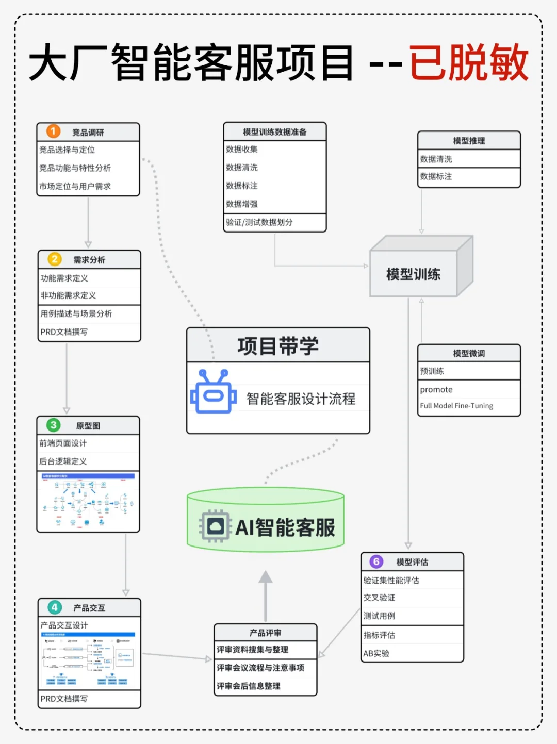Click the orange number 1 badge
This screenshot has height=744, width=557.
(x=53, y=131)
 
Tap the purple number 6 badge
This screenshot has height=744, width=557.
(x=376, y=561)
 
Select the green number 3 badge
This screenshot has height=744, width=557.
(x=53, y=425)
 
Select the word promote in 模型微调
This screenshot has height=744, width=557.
(x=436, y=390)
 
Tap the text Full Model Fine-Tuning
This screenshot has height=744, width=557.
(x=456, y=406)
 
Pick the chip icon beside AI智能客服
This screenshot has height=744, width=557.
(x=215, y=526)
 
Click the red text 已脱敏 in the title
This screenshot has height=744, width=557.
(x=469, y=63)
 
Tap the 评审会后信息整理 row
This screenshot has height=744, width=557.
(x=249, y=686)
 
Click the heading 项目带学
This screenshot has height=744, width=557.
(x=278, y=346)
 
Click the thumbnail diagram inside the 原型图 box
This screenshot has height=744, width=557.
(x=88, y=501)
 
